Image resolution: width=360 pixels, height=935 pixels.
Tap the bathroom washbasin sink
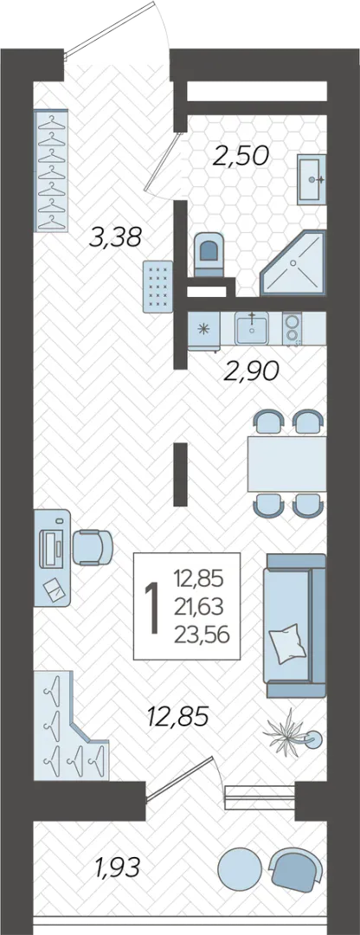[312, 179]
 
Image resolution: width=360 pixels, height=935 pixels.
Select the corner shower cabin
[294, 263]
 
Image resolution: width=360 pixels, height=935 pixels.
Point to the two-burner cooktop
[292, 328]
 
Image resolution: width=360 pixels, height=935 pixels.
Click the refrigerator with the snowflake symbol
[203, 329]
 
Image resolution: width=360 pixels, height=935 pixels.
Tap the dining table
[286, 463]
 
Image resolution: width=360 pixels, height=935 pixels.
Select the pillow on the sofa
[287, 642]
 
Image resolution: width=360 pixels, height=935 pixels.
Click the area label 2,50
[241, 156]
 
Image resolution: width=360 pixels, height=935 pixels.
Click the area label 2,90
[250, 372]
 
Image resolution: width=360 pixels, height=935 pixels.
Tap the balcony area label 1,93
[117, 867]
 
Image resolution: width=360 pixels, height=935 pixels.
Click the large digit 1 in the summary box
[154, 608]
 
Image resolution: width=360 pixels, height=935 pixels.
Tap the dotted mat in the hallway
[158, 287]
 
